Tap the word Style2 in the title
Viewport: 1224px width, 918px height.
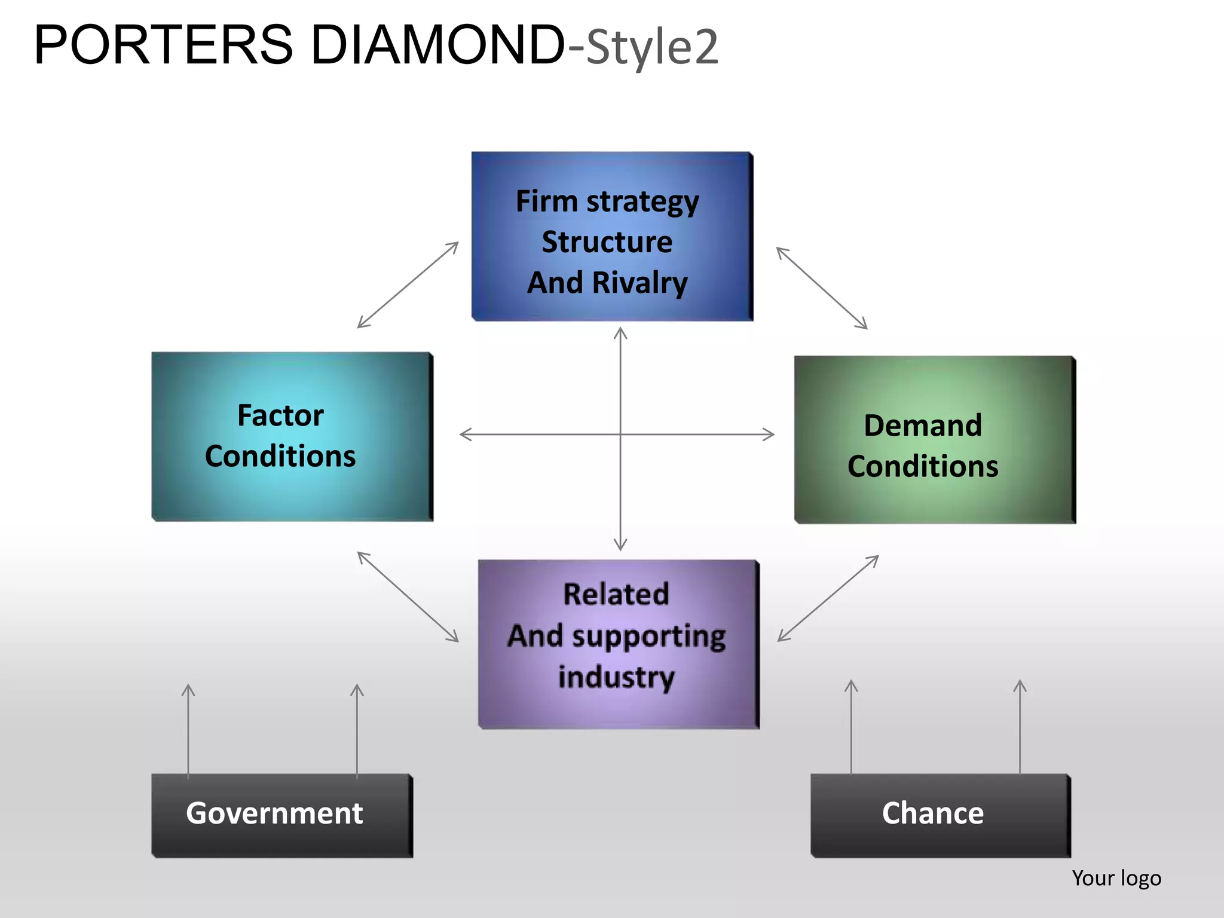pos(652,48)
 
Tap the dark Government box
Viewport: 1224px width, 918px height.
pos(281,815)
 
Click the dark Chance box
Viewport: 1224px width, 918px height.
pos(940,815)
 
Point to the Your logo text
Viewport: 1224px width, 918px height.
pos(1116,878)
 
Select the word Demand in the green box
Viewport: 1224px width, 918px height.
pos(922,426)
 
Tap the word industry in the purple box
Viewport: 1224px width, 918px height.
pos(616,677)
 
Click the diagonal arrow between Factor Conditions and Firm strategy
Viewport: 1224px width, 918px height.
pos(408,285)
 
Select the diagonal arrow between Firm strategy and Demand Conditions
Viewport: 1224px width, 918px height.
pos(822,288)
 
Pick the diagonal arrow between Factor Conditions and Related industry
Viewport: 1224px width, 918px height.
pos(408,596)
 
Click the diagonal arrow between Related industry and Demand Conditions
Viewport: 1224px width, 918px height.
pos(828,598)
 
